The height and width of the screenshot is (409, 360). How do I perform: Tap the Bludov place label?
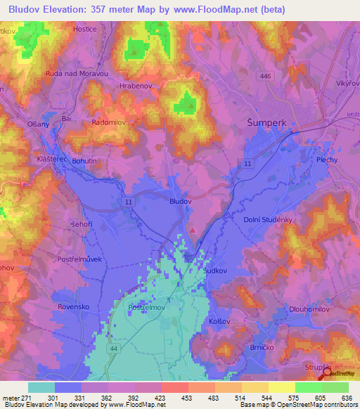(x=181, y=201)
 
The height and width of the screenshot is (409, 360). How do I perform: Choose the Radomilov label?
(x=108, y=122)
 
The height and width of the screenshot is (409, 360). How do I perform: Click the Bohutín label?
(x=84, y=161)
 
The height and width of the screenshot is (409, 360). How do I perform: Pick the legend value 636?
(x=347, y=398)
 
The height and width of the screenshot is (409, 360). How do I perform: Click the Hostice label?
(x=85, y=30)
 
